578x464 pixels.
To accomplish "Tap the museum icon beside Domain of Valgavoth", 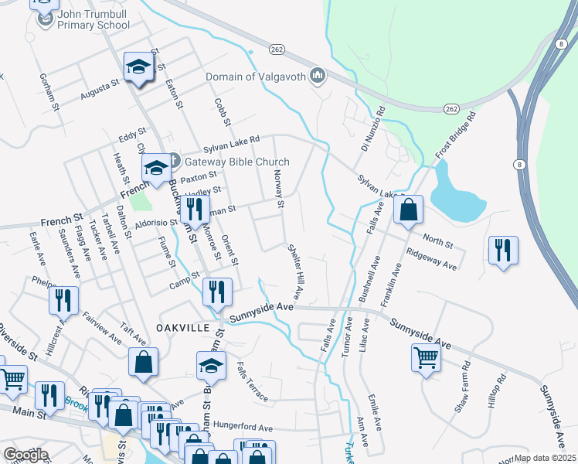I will click(316, 76).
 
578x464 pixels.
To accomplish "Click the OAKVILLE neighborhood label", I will click(182, 328).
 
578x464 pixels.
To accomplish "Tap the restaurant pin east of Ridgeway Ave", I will click(503, 251).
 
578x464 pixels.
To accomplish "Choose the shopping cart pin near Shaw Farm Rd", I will click(426, 358).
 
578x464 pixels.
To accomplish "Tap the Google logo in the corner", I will click(25, 455).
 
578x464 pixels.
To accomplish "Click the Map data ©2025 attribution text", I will click(545, 458).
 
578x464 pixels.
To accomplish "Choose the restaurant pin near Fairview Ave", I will click(63, 299).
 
